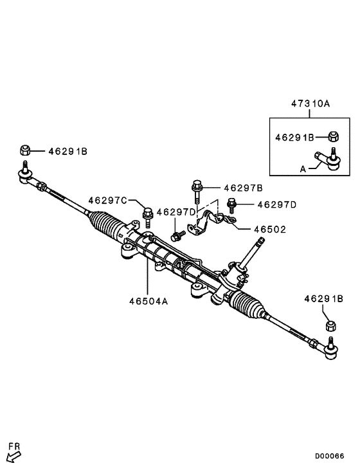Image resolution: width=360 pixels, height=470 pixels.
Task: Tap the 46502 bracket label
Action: coord(269,229)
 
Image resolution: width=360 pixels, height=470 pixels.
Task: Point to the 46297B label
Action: coord(243,188)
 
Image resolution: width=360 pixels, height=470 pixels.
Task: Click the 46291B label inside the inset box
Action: coord(294,137)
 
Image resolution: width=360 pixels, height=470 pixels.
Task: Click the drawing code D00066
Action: coord(329,456)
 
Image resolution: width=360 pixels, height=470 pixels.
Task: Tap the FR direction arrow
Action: coord(13,456)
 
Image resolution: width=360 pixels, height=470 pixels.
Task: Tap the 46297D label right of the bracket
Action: coord(276,204)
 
